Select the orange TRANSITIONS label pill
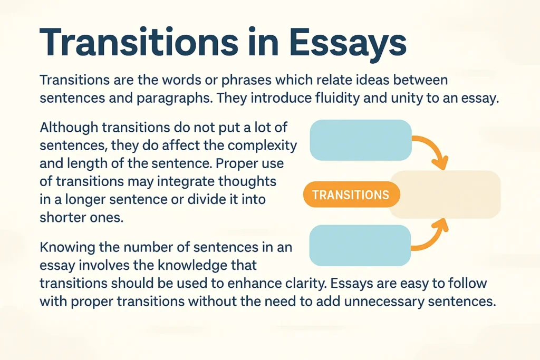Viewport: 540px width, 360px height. [351, 196]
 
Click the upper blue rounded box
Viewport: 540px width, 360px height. [361, 140]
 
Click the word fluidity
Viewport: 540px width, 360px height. [335, 99]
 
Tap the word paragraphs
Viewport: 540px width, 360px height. [170, 99]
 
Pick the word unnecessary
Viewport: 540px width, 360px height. [387, 302]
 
